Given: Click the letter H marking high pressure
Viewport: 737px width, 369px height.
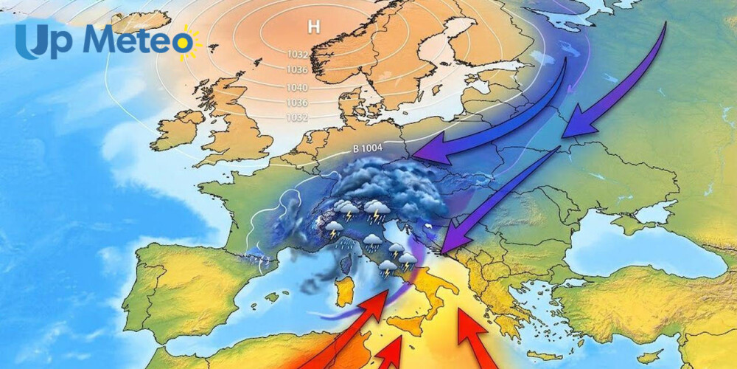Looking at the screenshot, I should pos(314,27).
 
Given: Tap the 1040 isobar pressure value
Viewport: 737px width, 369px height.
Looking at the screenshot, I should pos(297,87).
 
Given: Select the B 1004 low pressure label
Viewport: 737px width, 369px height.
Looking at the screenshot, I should pos(367,148).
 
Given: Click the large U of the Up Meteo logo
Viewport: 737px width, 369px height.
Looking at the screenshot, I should pos(32,41).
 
